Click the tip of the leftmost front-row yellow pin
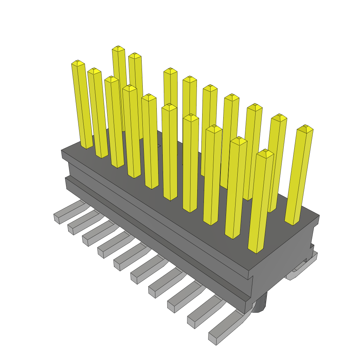coord(78,63)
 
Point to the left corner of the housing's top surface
coord(62,150)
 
